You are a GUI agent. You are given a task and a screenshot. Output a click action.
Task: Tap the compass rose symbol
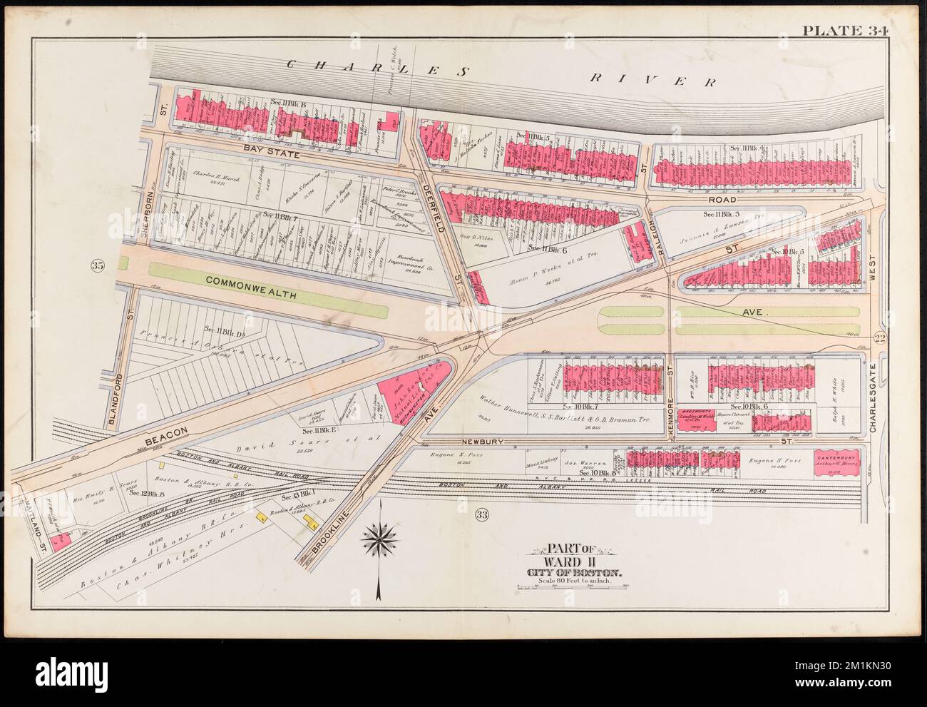click(382, 540)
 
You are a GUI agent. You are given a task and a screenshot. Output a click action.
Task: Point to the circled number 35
click(97, 266)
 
